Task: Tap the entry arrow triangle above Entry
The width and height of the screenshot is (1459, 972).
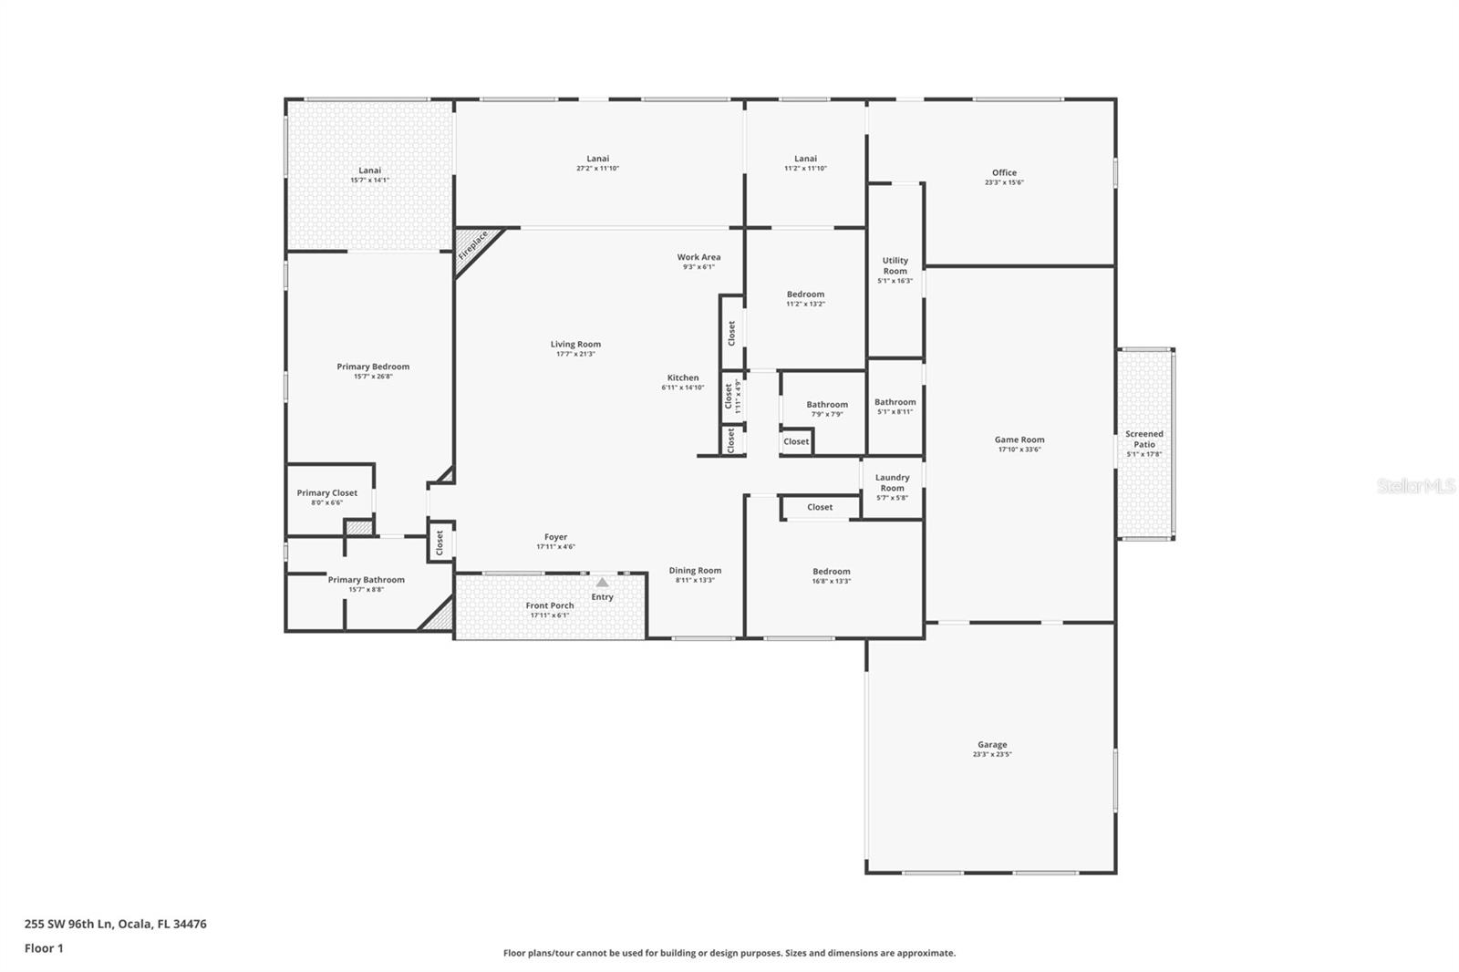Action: click(x=602, y=582)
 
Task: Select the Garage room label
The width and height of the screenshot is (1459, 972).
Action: click(x=992, y=744)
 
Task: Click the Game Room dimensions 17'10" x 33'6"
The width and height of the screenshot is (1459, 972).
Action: click(x=1019, y=450)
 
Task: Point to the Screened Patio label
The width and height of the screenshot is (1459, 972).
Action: click(x=1143, y=439)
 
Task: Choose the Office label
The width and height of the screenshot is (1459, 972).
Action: click(x=1004, y=172)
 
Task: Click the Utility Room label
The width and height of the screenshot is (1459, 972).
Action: click(x=895, y=265)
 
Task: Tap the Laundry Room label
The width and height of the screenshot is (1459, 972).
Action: click(x=892, y=482)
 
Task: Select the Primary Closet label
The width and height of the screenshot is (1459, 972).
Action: click(x=326, y=492)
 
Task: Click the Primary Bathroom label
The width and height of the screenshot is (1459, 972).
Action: click(x=366, y=579)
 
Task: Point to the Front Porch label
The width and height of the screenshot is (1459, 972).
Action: click(x=549, y=605)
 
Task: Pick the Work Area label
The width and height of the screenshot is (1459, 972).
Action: click(x=698, y=257)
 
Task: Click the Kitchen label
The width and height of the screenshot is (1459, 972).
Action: click(x=682, y=377)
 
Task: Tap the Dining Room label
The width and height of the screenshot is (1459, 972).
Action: click(x=695, y=570)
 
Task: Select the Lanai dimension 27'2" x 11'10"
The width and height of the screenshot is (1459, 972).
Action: click(x=597, y=169)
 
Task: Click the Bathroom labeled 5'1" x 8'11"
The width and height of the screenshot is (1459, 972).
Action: click(x=895, y=406)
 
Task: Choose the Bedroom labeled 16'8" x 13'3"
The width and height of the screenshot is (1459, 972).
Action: click(x=831, y=575)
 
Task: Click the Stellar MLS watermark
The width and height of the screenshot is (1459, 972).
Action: click(x=1415, y=486)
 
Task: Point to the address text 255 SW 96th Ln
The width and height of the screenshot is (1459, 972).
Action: click(x=68, y=924)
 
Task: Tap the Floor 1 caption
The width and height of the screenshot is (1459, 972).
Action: click(x=44, y=948)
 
